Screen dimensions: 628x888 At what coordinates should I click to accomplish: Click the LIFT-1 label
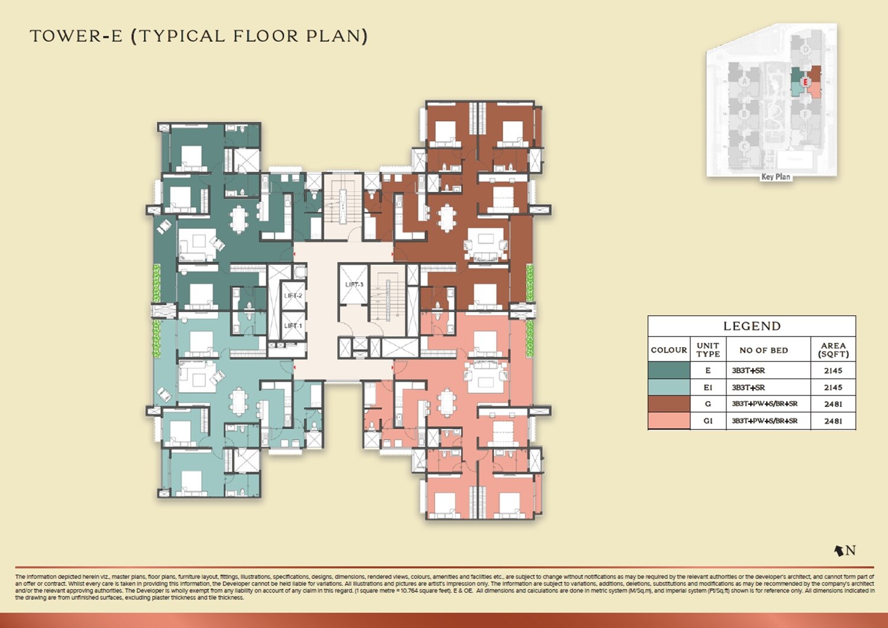point(292,326)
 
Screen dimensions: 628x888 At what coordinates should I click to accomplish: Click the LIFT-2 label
point(293,296)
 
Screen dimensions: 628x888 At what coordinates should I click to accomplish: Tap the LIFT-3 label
point(354,285)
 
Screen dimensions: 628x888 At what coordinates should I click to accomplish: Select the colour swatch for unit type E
point(669,370)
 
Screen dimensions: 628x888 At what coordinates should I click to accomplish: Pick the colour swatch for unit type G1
point(669,421)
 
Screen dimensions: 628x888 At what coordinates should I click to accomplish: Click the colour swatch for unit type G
point(669,404)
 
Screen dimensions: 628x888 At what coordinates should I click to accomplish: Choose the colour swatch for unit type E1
point(669,387)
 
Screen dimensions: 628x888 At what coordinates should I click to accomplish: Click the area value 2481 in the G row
point(833,404)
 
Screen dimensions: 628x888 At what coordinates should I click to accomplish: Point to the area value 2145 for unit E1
point(833,387)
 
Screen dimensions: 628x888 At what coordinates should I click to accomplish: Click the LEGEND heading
point(752,326)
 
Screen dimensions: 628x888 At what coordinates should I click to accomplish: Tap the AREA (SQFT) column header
point(833,350)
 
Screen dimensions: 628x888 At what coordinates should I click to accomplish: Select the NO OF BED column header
point(764,350)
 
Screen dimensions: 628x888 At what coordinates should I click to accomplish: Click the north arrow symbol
point(839,551)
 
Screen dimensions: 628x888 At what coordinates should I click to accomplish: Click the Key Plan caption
point(776,177)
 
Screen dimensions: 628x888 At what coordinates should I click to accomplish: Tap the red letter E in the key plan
point(805,82)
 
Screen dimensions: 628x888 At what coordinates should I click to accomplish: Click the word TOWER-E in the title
point(76,36)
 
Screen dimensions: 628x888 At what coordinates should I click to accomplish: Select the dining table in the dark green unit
point(239,219)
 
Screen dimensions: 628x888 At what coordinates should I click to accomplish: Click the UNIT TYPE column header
point(708,350)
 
